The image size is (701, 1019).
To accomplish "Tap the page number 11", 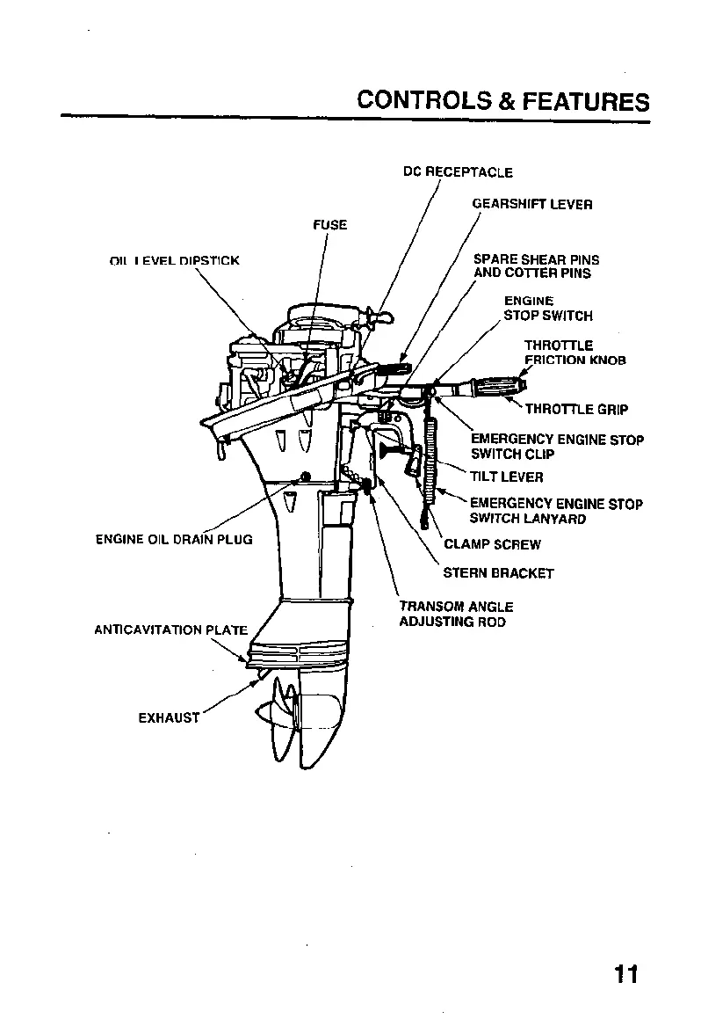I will (626, 974).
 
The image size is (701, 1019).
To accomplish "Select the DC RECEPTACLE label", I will (458, 172).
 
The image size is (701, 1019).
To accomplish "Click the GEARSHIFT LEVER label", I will (532, 204).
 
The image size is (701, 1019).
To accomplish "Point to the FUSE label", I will (330, 225).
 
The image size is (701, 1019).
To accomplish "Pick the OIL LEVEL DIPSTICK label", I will (174, 260).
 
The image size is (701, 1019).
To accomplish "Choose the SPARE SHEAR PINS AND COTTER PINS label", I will (536, 266).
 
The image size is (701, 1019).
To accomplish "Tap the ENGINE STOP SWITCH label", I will (548, 309).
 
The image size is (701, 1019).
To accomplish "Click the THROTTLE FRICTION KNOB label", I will (575, 353).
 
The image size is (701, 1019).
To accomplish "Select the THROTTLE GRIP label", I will (576, 409).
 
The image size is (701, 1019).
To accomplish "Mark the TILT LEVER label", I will (507, 477).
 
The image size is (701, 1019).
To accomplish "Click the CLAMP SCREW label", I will (492, 544).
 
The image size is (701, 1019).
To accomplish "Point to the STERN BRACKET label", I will (498, 573).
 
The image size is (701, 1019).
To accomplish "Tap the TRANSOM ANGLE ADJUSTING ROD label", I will (456, 614).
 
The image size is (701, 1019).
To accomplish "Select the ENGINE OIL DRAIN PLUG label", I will (174, 539).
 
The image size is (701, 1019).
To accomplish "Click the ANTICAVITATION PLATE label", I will (171, 630).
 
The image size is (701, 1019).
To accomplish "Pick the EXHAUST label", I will (169, 717).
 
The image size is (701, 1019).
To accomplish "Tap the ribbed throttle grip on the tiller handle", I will (495, 385).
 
